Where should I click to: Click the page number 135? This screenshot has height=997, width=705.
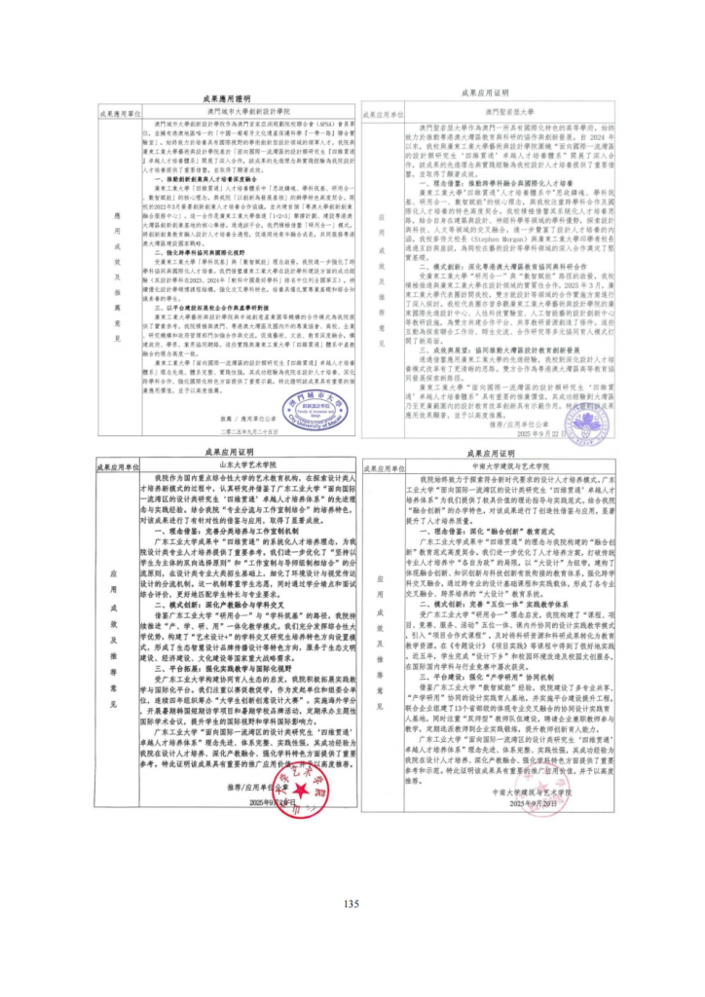352,904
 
